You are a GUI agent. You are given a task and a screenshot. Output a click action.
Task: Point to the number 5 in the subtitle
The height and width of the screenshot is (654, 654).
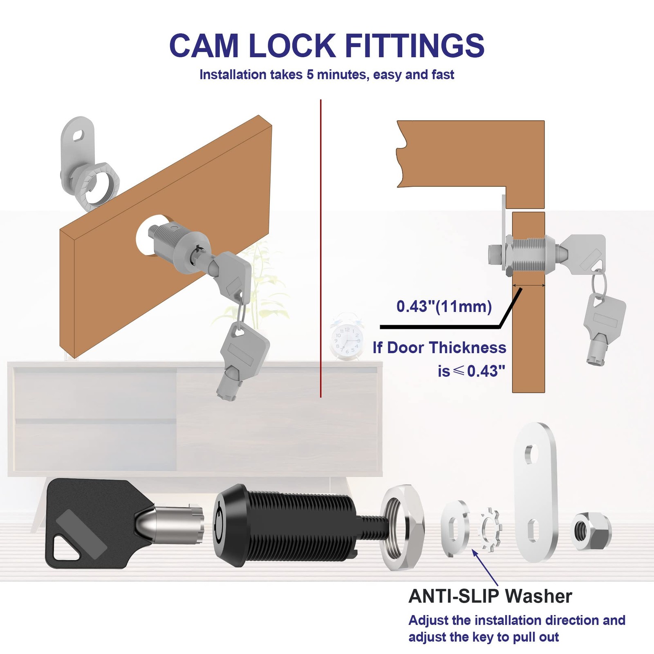(309, 75)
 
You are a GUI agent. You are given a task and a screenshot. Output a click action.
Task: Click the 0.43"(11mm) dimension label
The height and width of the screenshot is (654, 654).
(444, 306)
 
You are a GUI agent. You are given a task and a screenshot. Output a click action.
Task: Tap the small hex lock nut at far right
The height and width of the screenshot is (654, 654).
(590, 531)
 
